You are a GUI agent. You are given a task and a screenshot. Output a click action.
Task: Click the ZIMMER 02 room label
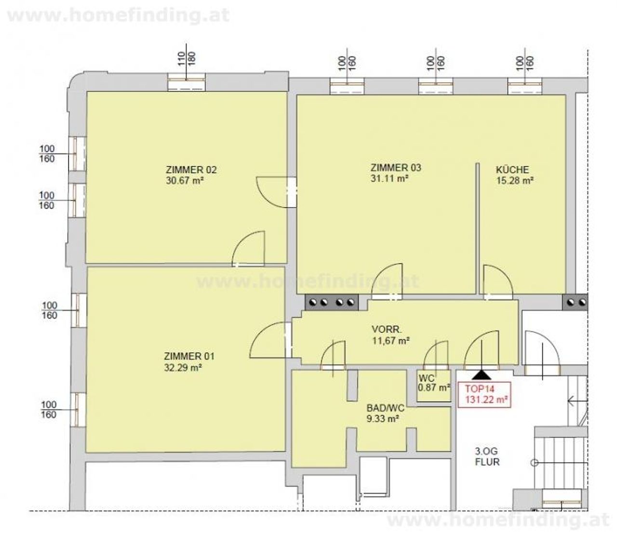tap(191, 170)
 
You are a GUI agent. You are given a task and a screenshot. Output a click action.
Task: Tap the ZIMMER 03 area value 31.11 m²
tap(389, 178)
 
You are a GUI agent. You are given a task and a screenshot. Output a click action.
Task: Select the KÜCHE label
tap(512, 170)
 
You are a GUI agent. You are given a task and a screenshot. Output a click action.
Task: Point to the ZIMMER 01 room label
tap(189, 356)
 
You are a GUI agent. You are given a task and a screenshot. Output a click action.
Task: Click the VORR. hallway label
tap(387, 330)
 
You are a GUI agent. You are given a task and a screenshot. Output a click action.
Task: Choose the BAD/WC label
tap(385, 408)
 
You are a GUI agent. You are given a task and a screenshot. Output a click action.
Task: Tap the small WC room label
tap(426, 378)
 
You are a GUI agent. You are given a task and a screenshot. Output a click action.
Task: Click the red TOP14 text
tap(480, 389)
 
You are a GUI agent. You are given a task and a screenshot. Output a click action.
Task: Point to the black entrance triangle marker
tap(481, 374)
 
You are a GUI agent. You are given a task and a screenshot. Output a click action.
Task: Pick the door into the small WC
tap(436, 354)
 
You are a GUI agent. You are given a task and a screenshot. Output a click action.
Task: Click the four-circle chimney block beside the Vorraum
tap(331, 303)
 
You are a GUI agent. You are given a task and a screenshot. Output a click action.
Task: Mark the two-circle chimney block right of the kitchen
tap(575, 303)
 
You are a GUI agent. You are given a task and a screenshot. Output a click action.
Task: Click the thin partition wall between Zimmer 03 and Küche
tap(478, 228)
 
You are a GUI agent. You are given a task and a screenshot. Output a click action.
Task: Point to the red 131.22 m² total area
tap(486, 400)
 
